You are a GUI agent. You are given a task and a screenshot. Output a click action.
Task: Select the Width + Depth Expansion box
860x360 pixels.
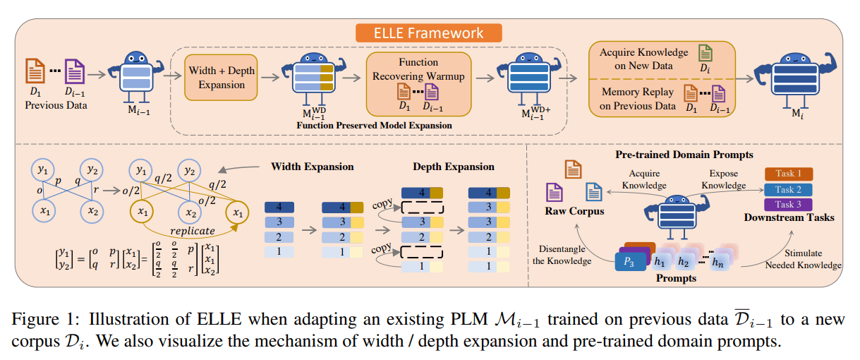pyautogui.click(x=222, y=78)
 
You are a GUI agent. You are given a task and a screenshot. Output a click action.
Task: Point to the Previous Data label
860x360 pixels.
pyautogui.click(x=56, y=105)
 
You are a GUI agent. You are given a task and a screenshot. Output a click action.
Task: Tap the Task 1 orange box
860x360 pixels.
pyautogui.click(x=788, y=174)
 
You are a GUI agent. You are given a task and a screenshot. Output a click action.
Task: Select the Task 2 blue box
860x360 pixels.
pyautogui.click(x=788, y=189)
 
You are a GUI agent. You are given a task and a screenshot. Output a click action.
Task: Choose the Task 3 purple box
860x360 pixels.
pyautogui.click(x=788, y=204)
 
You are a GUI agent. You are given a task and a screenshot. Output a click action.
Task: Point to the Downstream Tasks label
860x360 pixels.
pyautogui.click(x=789, y=217)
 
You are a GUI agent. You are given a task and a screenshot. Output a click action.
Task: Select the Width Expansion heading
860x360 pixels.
pyautogui.click(x=313, y=167)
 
